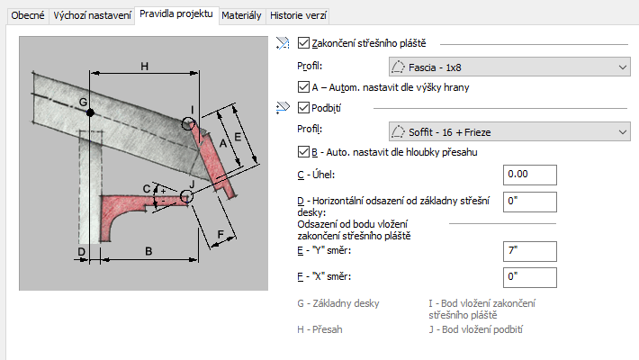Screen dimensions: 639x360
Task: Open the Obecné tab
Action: point(28,15)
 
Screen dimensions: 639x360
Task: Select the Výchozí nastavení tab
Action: point(92,15)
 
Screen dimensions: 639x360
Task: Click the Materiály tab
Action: point(241,15)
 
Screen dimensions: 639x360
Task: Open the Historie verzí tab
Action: point(298,15)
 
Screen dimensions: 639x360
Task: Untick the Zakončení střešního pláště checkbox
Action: point(303,43)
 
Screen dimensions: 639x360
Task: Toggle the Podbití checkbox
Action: point(303,108)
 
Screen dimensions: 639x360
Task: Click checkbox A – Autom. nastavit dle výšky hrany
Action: point(303,86)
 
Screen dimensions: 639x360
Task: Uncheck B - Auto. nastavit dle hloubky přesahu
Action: point(303,152)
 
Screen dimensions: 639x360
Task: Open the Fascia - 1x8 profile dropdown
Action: point(509,67)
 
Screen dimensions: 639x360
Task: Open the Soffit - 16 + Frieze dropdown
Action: point(509,131)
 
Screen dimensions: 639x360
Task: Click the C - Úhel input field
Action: point(530,175)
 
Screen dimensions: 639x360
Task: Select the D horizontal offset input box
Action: point(530,202)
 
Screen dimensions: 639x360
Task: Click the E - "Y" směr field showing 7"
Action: point(530,251)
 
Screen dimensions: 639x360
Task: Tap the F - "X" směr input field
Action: point(530,277)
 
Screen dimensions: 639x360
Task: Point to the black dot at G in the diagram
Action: point(90,112)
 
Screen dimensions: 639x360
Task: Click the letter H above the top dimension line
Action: point(145,66)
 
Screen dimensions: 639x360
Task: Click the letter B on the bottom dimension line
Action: point(148,251)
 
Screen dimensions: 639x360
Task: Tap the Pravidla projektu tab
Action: point(176,13)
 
